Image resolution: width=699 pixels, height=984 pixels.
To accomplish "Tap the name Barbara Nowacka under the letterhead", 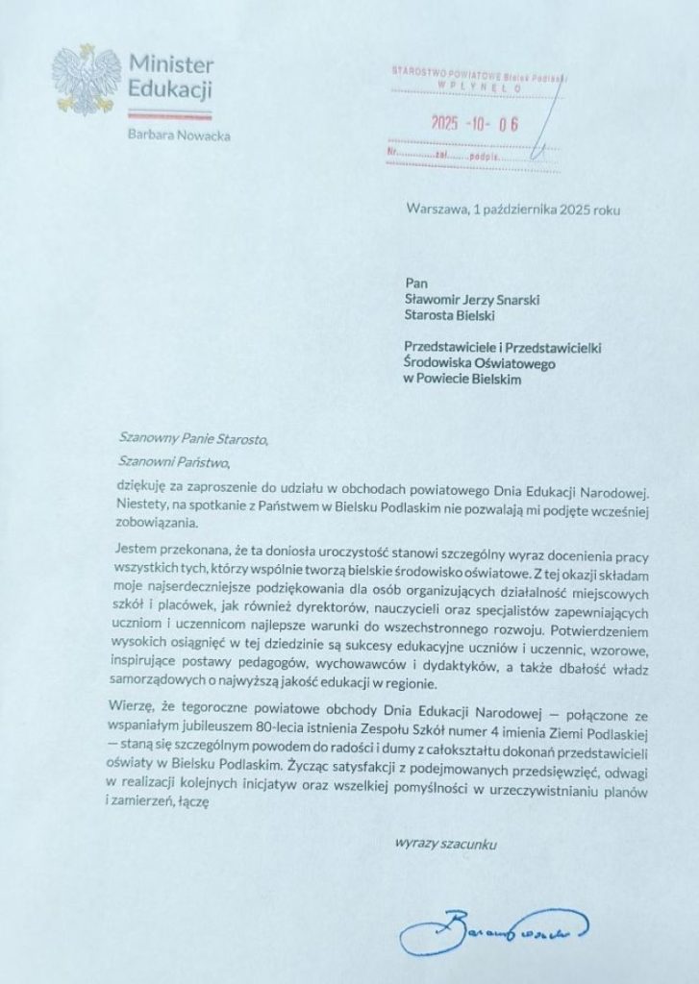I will (178, 135).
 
